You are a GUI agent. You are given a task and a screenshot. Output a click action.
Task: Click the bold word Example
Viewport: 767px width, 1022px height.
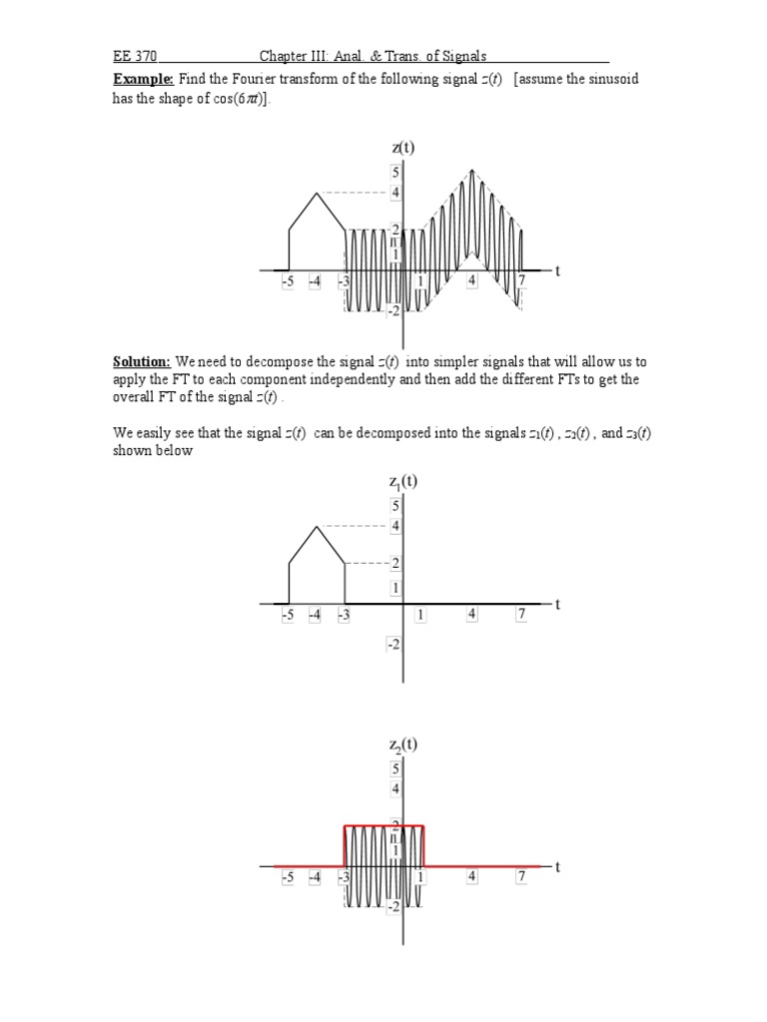[x=143, y=79]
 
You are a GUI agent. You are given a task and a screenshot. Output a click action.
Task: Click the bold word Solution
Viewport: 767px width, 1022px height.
[x=142, y=361]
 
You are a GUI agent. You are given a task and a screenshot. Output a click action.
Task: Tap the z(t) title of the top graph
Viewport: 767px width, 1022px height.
[x=403, y=148]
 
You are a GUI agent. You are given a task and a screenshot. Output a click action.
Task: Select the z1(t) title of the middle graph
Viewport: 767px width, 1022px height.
[x=403, y=482]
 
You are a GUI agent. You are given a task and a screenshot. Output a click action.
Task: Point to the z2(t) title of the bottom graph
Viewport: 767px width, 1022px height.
[x=403, y=745]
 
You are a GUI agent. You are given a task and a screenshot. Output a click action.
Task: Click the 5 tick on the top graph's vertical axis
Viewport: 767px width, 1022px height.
[x=395, y=173]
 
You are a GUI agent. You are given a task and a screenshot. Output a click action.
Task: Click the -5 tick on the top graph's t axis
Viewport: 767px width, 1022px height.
[x=288, y=282]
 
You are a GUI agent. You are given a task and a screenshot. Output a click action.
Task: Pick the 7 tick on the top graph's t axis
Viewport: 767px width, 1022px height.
[x=521, y=282]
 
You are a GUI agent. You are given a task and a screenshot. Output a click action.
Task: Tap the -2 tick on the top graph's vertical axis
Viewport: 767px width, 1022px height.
[x=393, y=310]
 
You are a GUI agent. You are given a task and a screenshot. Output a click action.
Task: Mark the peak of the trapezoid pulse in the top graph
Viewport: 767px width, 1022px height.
[x=318, y=193]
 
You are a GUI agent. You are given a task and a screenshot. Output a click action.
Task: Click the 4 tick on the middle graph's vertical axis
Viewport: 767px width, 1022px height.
[x=395, y=526]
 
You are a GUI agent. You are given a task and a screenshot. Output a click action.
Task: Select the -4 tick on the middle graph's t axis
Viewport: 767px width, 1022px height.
[x=316, y=616]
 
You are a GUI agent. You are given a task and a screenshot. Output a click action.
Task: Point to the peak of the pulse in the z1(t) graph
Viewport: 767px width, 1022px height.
[x=318, y=526]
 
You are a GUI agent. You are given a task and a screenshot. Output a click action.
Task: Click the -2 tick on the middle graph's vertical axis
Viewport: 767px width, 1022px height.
[x=393, y=645]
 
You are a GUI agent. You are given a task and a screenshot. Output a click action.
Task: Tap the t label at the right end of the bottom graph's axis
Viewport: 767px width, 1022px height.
[x=557, y=866]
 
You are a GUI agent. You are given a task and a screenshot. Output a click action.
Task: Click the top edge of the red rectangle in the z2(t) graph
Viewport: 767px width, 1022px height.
[x=384, y=826]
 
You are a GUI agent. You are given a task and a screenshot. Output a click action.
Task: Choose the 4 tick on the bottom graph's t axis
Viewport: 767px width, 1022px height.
[x=471, y=878]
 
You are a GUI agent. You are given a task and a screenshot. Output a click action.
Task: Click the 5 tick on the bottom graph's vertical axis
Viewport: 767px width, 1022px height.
[x=395, y=768]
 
